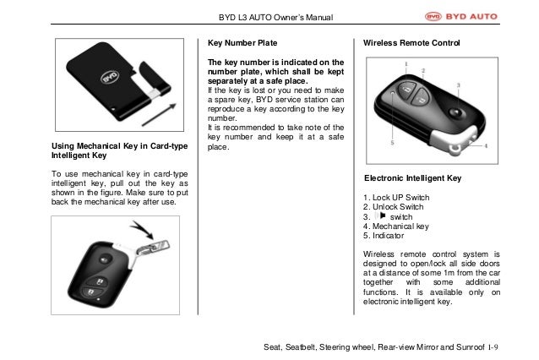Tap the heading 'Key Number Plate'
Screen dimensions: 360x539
click(x=242, y=42)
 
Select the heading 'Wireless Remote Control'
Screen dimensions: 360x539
click(x=412, y=42)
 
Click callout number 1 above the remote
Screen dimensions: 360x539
click(x=407, y=64)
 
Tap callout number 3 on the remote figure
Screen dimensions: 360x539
click(x=458, y=85)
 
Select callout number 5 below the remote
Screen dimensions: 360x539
click(x=392, y=144)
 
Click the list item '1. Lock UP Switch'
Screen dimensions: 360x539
click(x=396, y=198)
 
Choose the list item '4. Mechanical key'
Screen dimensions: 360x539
click(x=395, y=226)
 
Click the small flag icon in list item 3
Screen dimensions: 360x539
click(x=382, y=216)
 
